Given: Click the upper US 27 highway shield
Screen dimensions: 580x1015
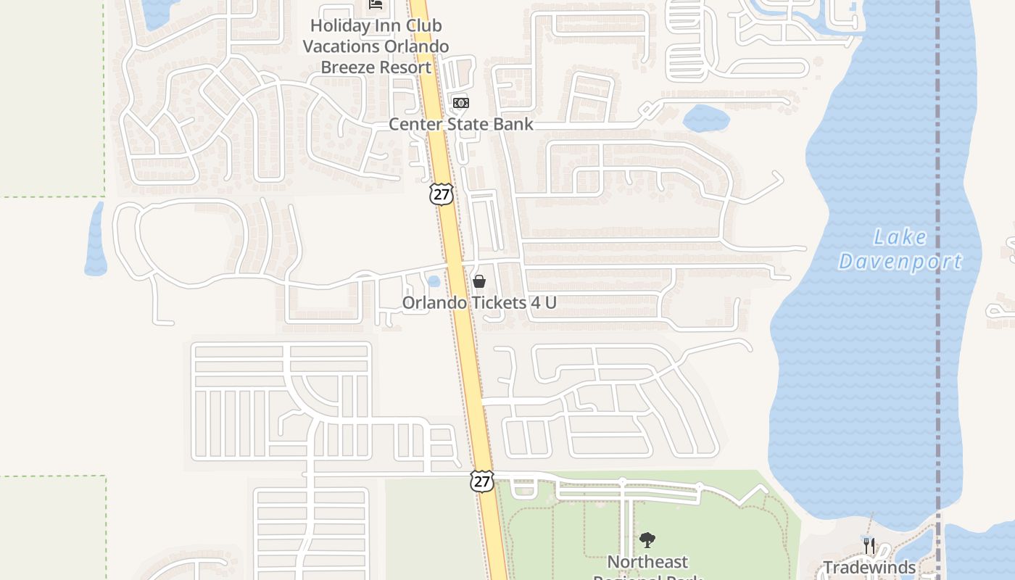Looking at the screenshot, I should point(441,194).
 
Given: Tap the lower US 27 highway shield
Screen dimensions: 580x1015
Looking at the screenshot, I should point(481,481).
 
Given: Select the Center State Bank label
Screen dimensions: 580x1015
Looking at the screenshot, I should point(461,124).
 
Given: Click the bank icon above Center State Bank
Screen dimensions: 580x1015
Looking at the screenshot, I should point(461,103).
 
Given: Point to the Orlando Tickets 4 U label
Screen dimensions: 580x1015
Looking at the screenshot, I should point(479,302).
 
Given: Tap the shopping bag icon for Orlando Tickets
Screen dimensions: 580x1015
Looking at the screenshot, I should point(479,281).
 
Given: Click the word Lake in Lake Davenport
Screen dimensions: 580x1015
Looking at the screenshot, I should point(900,237).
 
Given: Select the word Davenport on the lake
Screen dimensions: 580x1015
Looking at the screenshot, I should point(900,262).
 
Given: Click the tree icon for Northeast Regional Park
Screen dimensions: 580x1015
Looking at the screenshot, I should point(647,540).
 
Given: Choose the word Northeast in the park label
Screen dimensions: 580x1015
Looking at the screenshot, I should point(647,562).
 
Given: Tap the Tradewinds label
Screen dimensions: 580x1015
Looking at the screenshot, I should point(869,567).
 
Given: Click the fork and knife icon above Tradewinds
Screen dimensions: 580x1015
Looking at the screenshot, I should point(869,544).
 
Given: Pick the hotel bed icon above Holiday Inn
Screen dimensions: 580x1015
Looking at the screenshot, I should point(376,4).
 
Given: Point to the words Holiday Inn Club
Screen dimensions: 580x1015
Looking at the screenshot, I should point(376,25).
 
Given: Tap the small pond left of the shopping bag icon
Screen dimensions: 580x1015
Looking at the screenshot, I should point(434,281).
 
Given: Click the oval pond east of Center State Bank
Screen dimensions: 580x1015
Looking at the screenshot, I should point(705,118).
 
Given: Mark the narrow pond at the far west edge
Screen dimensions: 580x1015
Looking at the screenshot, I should point(95,239).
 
